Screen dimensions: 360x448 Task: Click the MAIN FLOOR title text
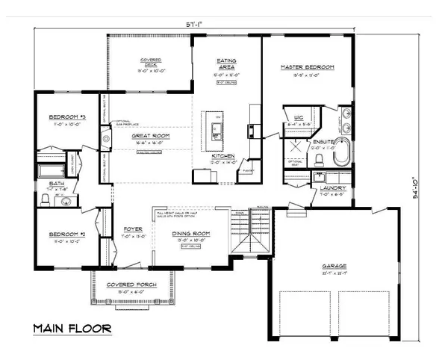click(72, 328)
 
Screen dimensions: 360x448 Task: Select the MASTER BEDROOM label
click(307, 68)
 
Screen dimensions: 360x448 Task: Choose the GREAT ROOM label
click(152, 136)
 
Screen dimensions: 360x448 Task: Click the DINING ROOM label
click(191, 234)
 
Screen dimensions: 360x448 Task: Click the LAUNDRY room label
click(331, 188)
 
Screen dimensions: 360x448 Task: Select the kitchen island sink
click(218, 134)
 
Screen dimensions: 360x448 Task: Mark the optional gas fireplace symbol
click(106, 137)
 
